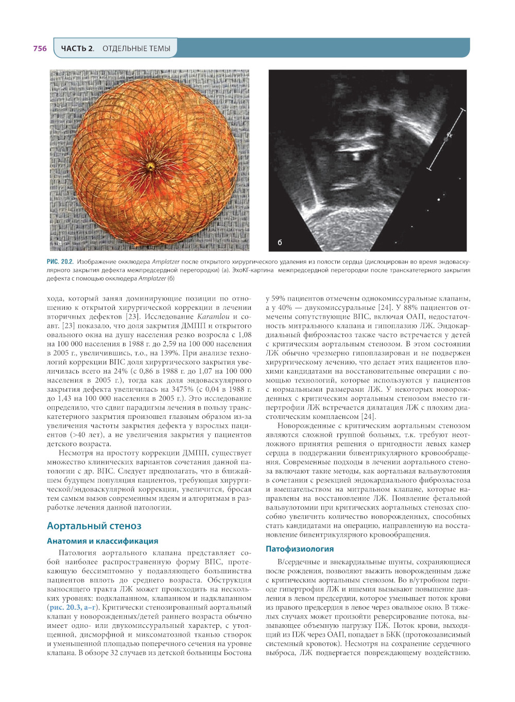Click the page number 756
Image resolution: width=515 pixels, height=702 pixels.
click(x=40, y=48)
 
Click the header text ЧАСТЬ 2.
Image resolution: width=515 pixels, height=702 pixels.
click(x=77, y=48)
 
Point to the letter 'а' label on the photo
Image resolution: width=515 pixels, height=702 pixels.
click(x=60, y=242)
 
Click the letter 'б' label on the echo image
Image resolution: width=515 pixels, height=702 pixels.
click(x=280, y=242)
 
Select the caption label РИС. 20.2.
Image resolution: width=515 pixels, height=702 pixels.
click(x=60, y=262)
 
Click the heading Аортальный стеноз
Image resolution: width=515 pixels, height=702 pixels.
click(x=94, y=525)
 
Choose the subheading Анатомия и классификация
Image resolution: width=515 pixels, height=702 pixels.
click(x=102, y=541)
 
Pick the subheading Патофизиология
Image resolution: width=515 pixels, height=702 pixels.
click(x=299, y=549)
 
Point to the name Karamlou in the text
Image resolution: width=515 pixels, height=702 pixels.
click(x=213, y=317)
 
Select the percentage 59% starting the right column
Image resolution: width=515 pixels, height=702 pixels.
click(x=278, y=299)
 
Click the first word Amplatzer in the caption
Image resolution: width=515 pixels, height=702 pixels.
click(x=165, y=262)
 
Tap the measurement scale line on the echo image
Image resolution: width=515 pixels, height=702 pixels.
click(x=446, y=138)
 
